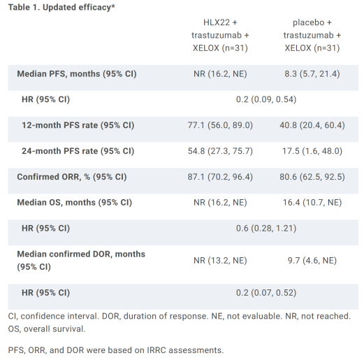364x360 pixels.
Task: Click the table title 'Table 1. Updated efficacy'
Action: [x=61, y=8]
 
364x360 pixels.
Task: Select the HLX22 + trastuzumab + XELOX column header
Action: [x=220, y=35]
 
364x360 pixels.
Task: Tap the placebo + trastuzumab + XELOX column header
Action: [x=312, y=35]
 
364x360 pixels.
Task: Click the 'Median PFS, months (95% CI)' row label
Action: [x=77, y=74]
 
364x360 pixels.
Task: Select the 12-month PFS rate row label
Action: [x=78, y=125]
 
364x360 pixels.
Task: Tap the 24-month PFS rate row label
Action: [x=78, y=151]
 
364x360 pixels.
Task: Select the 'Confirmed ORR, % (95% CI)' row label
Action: [x=72, y=177]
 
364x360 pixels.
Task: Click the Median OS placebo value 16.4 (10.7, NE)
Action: [x=312, y=203]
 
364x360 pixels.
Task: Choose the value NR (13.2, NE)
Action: [x=220, y=260]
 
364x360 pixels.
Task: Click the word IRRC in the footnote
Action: [x=156, y=350]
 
